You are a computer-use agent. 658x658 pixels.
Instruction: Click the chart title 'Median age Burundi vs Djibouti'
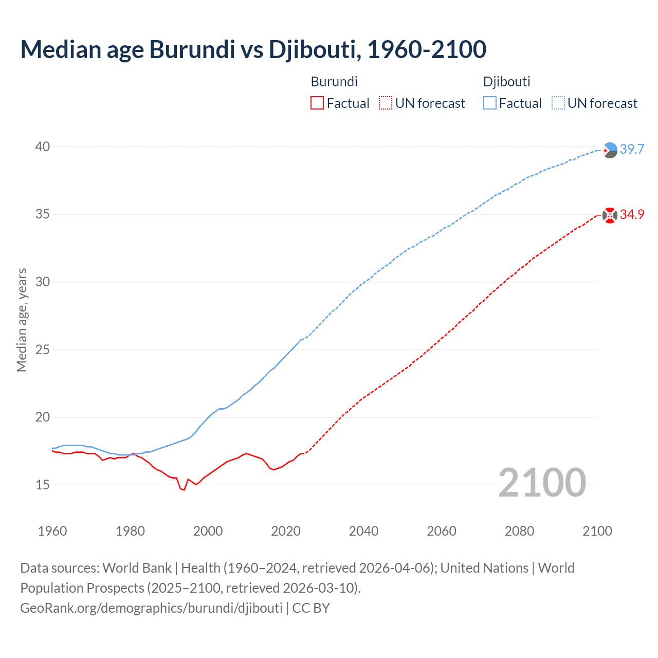[253, 49]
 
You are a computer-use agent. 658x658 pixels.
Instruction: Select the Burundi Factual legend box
[317, 103]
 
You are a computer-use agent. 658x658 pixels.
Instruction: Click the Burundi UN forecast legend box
[386, 103]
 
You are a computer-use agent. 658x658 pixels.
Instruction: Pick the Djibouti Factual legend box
[490, 103]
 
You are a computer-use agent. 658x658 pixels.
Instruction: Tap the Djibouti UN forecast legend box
[558, 103]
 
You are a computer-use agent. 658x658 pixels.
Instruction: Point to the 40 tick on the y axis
[43, 147]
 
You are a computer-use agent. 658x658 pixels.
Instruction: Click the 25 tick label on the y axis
[43, 350]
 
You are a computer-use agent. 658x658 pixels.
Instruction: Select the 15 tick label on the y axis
[43, 485]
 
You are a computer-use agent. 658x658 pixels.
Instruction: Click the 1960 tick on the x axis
[52, 531]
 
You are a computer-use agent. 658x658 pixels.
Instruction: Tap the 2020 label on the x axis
[286, 531]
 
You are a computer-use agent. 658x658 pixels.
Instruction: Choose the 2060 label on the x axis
[442, 531]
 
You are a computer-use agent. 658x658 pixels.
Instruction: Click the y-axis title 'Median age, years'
[22, 320]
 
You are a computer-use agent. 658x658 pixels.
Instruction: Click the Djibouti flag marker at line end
[610, 150]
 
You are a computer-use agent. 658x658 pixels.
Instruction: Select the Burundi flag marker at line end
[610, 215]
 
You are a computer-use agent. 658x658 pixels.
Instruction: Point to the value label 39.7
[632, 150]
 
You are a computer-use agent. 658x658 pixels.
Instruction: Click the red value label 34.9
[632, 215]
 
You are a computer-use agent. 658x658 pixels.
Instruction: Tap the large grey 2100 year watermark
[542, 483]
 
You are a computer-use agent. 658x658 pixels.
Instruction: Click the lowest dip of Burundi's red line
[184, 490]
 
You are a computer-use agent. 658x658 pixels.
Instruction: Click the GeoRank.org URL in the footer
[151, 608]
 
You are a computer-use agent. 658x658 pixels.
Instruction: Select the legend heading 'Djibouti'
[506, 82]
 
